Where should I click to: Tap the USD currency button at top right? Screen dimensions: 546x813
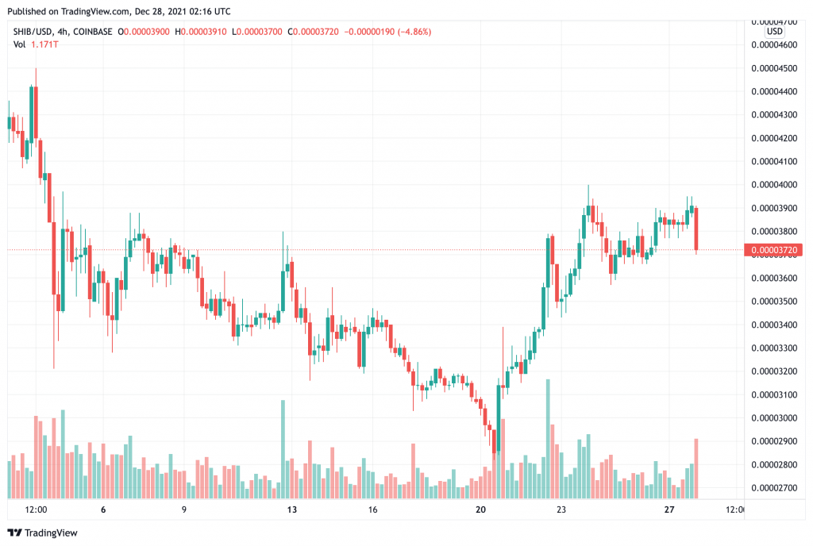pyautogui.click(x=774, y=31)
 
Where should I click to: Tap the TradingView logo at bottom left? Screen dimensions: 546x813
pyautogui.click(x=40, y=533)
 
